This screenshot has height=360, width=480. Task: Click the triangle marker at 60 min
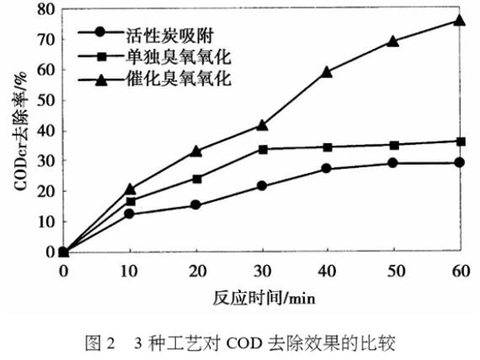coord(459,19)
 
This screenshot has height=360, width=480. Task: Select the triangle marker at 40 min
coord(326,72)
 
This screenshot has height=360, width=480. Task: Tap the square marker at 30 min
coord(262,149)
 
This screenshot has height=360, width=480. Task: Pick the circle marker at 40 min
coord(326,169)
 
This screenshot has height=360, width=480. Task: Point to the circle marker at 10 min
coord(130,214)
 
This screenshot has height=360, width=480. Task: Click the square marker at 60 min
coord(459,142)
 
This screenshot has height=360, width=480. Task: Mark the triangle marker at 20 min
coord(196,150)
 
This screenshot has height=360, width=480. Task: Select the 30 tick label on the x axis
coord(262,270)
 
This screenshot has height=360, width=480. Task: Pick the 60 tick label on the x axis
coord(459,270)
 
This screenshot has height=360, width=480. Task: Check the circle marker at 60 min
coord(459,162)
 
